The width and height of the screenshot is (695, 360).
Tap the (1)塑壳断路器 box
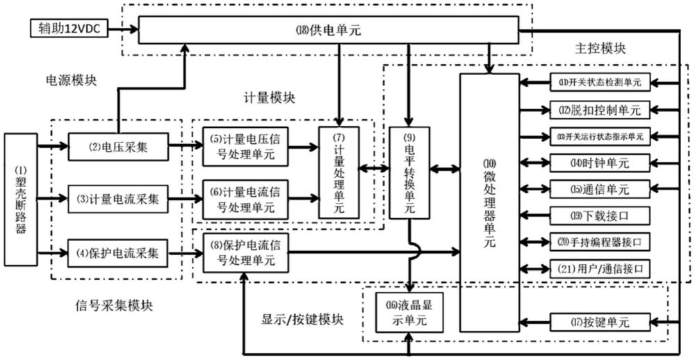tap(21, 199)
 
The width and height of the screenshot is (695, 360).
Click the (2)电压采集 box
tap(117, 147)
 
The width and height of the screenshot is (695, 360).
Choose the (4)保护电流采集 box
tap(117, 253)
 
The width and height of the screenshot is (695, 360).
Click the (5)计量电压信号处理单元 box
tap(245, 147)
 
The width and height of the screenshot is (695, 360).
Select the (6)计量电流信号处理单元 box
tap(245, 199)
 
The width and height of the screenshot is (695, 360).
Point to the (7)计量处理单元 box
tap(340, 172)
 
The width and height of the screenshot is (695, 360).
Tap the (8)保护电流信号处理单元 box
tap(245, 253)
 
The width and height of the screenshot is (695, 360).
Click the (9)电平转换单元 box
tap(409, 172)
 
